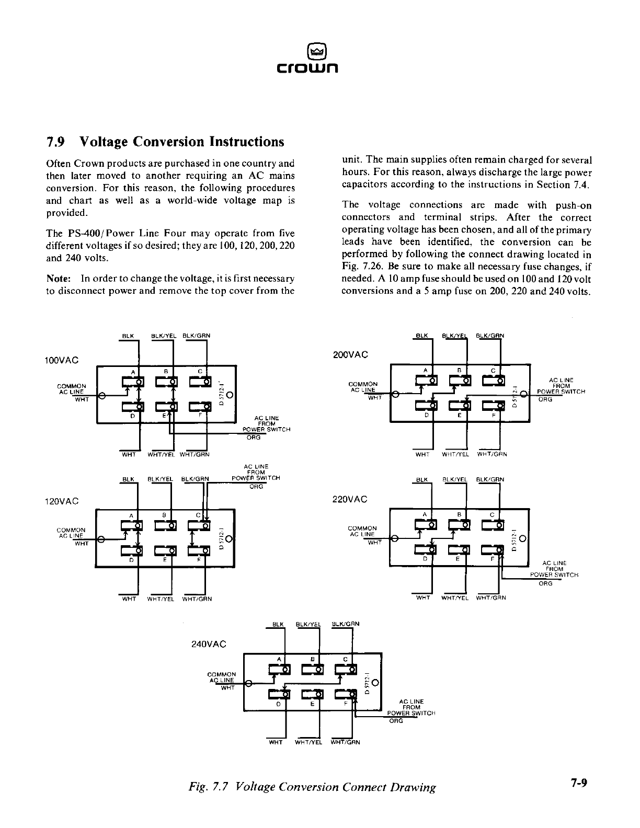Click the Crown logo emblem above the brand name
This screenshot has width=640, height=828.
pos(317,51)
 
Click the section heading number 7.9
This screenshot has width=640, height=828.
pos(56,142)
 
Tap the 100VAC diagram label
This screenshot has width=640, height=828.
pos(62,360)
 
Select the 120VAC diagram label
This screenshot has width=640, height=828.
pos(62,501)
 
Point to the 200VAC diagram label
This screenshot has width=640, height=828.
pos(350,354)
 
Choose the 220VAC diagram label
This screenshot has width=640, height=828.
pos(350,499)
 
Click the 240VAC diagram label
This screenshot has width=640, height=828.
pos(209,644)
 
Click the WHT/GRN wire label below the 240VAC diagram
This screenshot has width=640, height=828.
pos(346,742)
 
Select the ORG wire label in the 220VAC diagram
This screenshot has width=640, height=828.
pos(545,583)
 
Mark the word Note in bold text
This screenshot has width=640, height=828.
pos(57,279)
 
